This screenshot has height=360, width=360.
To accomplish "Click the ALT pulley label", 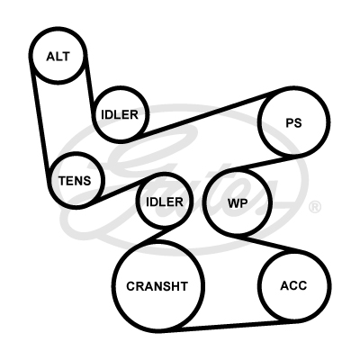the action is point(58,57).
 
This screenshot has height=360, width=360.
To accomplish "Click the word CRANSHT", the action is point(157,286).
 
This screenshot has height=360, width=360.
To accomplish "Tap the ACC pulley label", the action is point(293,285).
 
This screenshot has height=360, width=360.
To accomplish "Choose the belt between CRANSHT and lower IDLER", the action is point(154,236).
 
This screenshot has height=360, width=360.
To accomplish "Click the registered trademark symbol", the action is point(315,207).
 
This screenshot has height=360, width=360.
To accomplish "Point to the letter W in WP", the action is point(233,203).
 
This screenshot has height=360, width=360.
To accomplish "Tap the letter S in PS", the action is point(297,122).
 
